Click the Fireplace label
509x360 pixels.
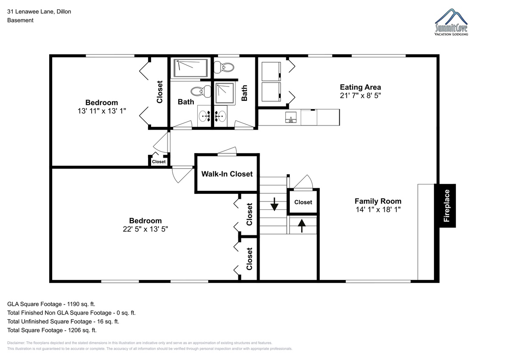(x=447, y=206)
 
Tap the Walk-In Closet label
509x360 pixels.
(x=227, y=174)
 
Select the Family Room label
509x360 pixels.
(x=378, y=201)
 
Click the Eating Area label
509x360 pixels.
(x=361, y=87)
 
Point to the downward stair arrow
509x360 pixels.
(x=274, y=204)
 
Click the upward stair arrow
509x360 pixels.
(x=302, y=226)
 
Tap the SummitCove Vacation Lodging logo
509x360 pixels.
(x=451, y=22)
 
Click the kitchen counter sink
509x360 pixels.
(x=291, y=117)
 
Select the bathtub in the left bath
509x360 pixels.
(x=190, y=68)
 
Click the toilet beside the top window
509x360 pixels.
(x=224, y=67)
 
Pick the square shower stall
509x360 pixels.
(x=225, y=93)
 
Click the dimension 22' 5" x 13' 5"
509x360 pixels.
(x=145, y=229)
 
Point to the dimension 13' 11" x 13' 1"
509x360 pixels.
(x=101, y=111)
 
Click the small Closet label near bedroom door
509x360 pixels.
(x=159, y=162)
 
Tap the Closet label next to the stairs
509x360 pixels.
(x=303, y=202)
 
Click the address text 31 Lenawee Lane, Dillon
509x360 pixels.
(x=39, y=11)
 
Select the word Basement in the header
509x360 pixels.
(x=20, y=20)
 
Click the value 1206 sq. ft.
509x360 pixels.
(x=82, y=330)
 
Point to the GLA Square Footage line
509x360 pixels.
(x=51, y=304)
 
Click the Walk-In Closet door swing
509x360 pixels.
(x=227, y=151)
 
